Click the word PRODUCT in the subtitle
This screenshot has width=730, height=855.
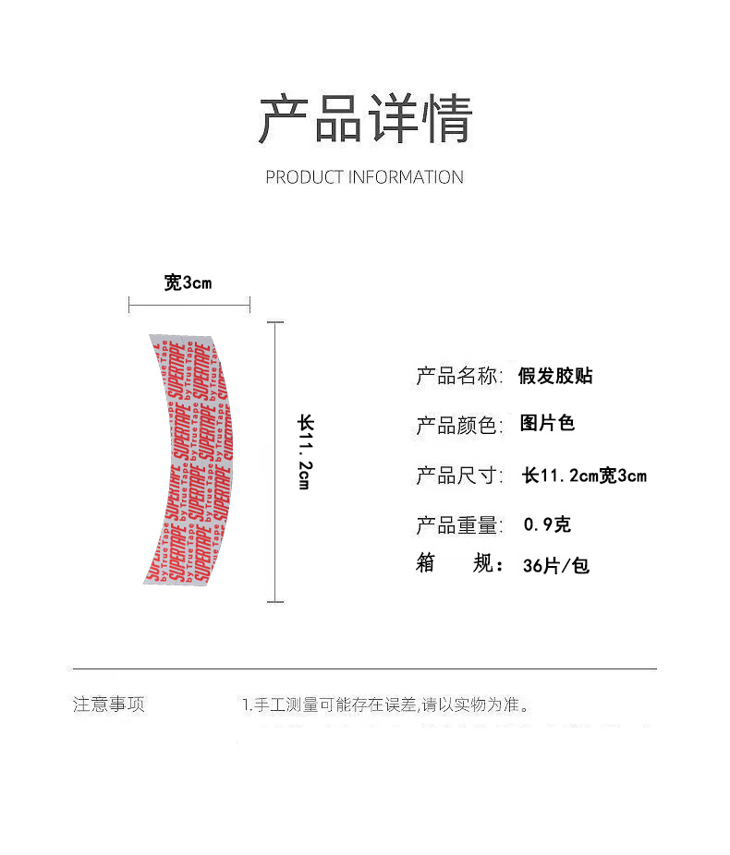pyautogui.click(x=304, y=177)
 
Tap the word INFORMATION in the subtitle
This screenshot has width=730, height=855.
pyautogui.click(x=406, y=177)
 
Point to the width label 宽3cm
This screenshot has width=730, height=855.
pyautogui.click(x=188, y=283)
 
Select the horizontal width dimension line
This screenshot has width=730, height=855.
pyautogui.click(x=189, y=305)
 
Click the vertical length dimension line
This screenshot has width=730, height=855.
pyautogui.click(x=275, y=462)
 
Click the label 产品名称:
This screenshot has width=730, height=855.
pyautogui.click(x=459, y=376)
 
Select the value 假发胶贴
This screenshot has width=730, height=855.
pyautogui.click(x=555, y=376)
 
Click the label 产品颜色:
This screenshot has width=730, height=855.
pyautogui.click(x=459, y=426)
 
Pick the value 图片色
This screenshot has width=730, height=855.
pyautogui.click(x=547, y=424)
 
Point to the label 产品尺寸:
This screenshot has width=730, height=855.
pyautogui.click(x=459, y=476)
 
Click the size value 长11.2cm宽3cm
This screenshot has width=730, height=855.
pyautogui.click(x=584, y=476)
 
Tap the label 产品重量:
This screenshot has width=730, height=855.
pyautogui.click(x=459, y=525)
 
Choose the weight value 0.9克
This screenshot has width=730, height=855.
pyautogui.click(x=547, y=525)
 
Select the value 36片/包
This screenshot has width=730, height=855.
pyautogui.click(x=555, y=566)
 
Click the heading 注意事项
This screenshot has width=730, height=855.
pyautogui.click(x=109, y=705)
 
